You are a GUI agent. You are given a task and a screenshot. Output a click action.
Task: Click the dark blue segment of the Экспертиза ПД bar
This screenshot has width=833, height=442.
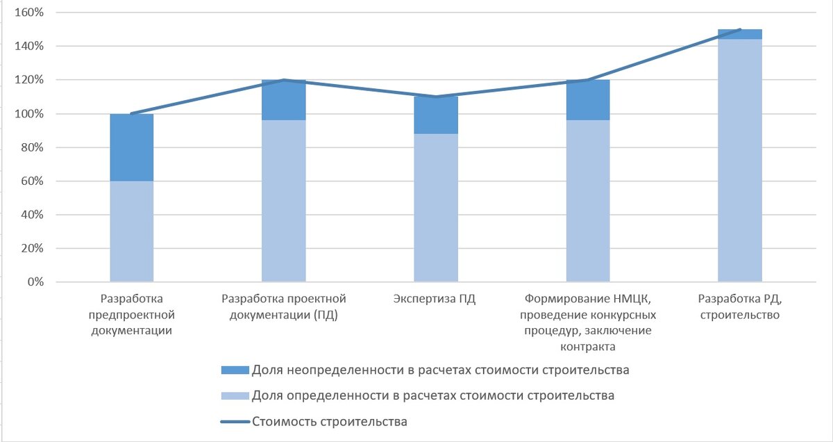click(x=436, y=115)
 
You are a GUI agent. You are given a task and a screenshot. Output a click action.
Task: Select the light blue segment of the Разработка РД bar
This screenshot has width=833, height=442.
click(x=740, y=160)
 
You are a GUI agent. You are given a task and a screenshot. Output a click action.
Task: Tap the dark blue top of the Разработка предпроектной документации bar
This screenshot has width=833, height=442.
click(x=132, y=147)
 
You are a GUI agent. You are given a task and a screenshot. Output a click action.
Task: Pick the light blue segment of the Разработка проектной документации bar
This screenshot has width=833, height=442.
click(x=284, y=201)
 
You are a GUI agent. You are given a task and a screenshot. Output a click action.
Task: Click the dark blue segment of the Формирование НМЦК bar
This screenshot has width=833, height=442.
click(x=588, y=101)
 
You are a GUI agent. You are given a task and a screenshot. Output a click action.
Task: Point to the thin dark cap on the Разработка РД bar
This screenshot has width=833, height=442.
click(x=740, y=34)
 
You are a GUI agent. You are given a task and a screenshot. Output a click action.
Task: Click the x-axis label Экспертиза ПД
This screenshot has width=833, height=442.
click(x=436, y=300)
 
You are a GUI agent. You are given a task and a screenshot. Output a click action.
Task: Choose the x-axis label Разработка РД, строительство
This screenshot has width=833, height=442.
click(x=740, y=307)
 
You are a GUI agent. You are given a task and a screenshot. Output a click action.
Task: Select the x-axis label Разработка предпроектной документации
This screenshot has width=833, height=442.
click(x=132, y=315)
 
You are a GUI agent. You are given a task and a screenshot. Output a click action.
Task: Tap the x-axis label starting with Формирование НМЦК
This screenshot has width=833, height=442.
click(x=588, y=322)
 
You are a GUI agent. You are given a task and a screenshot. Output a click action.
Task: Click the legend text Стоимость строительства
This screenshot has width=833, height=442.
click(x=329, y=421)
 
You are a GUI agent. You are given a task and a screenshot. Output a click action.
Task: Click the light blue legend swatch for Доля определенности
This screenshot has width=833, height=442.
click(x=233, y=396)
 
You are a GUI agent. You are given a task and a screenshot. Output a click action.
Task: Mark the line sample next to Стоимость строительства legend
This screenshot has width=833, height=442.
click(x=233, y=421)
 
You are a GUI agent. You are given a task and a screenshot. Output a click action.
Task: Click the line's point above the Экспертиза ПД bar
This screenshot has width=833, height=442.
click(x=436, y=97)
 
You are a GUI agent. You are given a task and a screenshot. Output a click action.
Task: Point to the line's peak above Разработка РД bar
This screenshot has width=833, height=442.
click(x=740, y=29)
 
